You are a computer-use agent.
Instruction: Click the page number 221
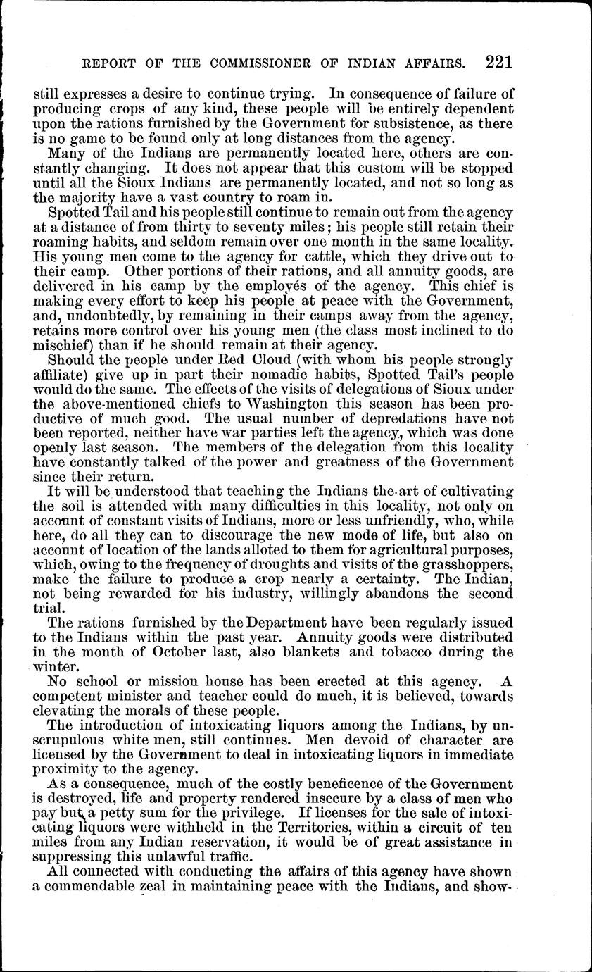(x=498, y=62)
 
